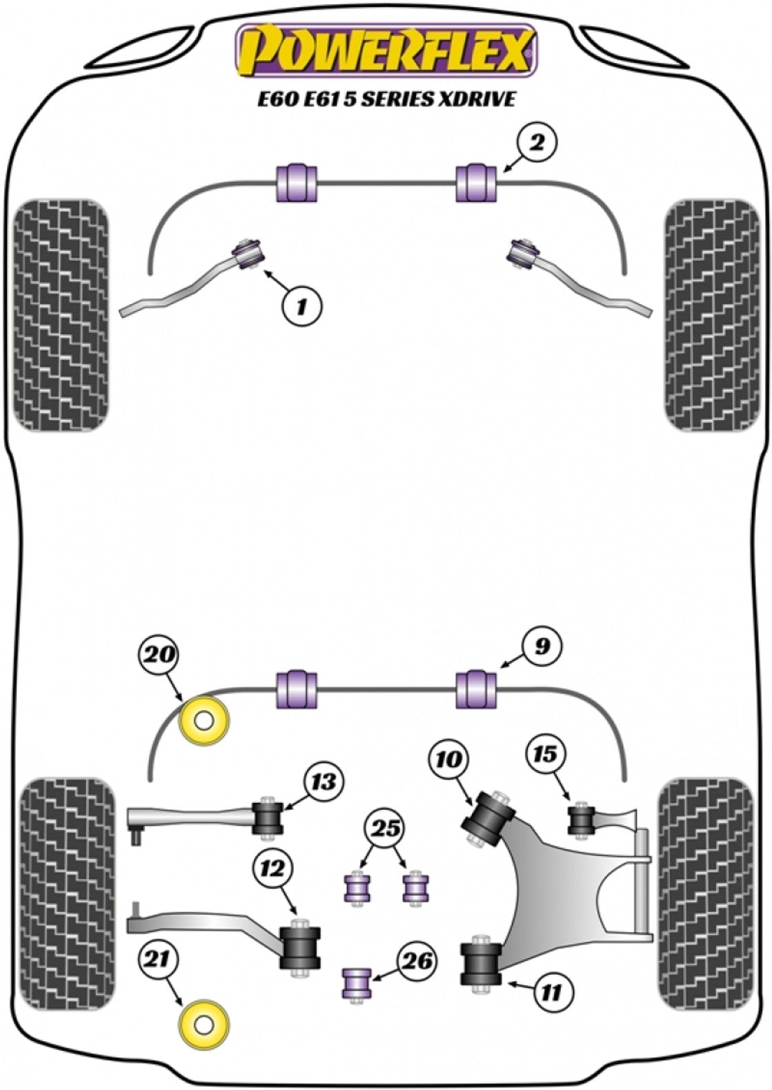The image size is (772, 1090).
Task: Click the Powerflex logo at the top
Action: tap(387, 52)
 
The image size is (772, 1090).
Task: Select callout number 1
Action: tap(301, 306)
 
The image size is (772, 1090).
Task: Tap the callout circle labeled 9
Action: tap(542, 646)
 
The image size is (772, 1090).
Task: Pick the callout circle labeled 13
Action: tap(324, 783)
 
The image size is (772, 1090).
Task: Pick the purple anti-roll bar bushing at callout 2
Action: tap(476, 184)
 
